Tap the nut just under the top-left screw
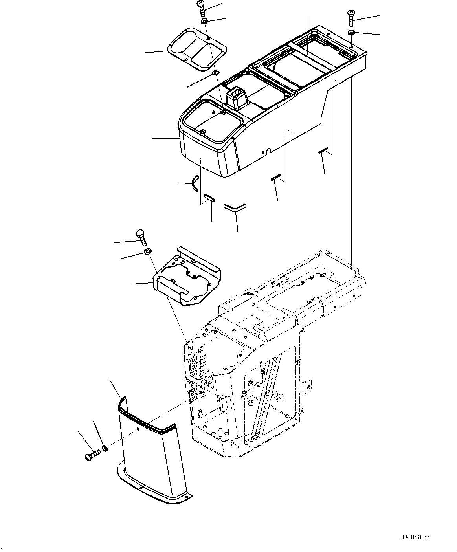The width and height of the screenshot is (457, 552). [x=204, y=21]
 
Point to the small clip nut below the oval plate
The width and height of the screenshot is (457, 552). [x=215, y=73]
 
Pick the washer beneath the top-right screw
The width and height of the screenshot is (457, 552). [x=351, y=32]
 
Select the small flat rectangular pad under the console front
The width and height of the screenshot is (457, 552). [x=209, y=197]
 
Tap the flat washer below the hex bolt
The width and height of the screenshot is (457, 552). [x=148, y=251]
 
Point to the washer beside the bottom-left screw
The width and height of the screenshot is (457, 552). [x=105, y=448]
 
